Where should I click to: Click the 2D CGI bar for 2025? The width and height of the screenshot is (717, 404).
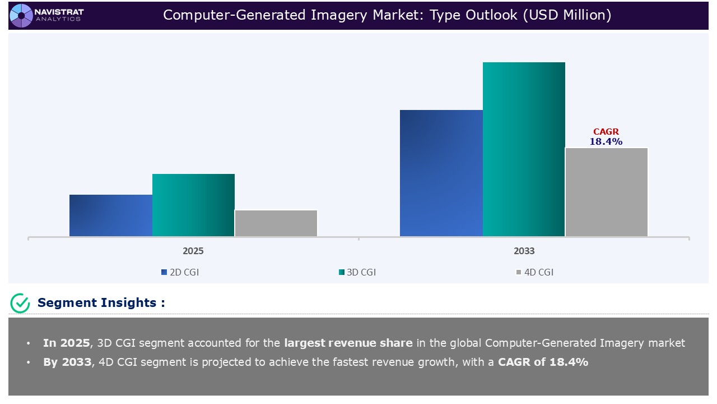(x=111, y=215)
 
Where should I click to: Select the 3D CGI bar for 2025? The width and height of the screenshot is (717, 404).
(x=193, y=205)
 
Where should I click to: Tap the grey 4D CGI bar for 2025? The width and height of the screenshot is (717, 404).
(x=276, y=223)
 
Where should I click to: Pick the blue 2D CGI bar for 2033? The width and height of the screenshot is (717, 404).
(x=441, y=173)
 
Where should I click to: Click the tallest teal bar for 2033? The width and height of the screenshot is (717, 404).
(x=524, y=149)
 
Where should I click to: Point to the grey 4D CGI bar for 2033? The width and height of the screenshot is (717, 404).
(x=607, y=192)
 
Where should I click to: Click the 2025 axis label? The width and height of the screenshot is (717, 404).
(x=193, y=251)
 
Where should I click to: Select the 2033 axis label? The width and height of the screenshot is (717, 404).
(x=524, y=251)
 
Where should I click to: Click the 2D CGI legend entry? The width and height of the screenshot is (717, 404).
(x=180, y=272)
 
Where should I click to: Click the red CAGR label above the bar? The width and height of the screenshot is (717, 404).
(x=606, y=132)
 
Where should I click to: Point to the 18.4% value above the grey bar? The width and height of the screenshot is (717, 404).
(x=606, y=142)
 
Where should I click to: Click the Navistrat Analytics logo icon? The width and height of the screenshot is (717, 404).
(x=21, y=15)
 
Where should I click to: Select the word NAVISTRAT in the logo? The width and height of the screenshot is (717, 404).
(x=59, y=12)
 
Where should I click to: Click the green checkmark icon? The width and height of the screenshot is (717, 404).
(x=20, y=303)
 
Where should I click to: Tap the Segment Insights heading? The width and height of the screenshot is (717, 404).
(x=101, y=303)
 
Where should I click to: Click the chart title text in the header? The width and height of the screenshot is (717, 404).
(x=387, y=15)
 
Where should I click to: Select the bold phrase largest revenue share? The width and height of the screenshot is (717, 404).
(x=348, y=343)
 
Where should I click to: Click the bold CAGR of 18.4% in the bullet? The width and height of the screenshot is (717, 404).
(x=543, y=362)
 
